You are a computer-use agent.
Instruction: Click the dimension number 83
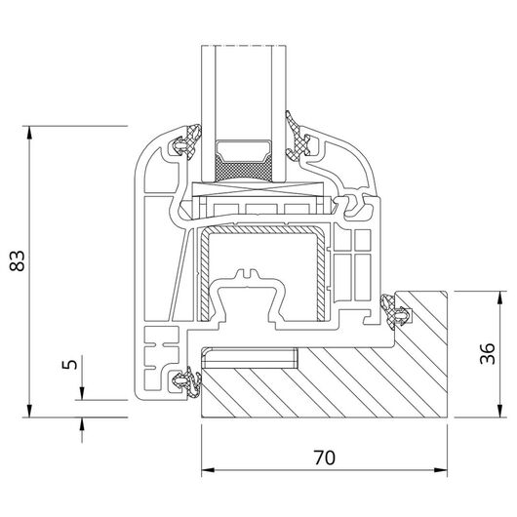(17, 260)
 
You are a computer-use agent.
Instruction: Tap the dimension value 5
(70, 364)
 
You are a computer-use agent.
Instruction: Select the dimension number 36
(488, 353)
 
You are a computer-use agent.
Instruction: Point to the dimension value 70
(325, 457)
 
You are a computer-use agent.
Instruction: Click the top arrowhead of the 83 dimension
(29, 132)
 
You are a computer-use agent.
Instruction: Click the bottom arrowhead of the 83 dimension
(29, 411)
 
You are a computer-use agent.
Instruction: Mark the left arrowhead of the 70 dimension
(208, 470)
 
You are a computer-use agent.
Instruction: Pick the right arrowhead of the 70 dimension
(441, 470)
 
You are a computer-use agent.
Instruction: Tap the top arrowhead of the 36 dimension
(500, 298)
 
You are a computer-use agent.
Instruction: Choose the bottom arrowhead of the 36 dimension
(500, 411)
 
